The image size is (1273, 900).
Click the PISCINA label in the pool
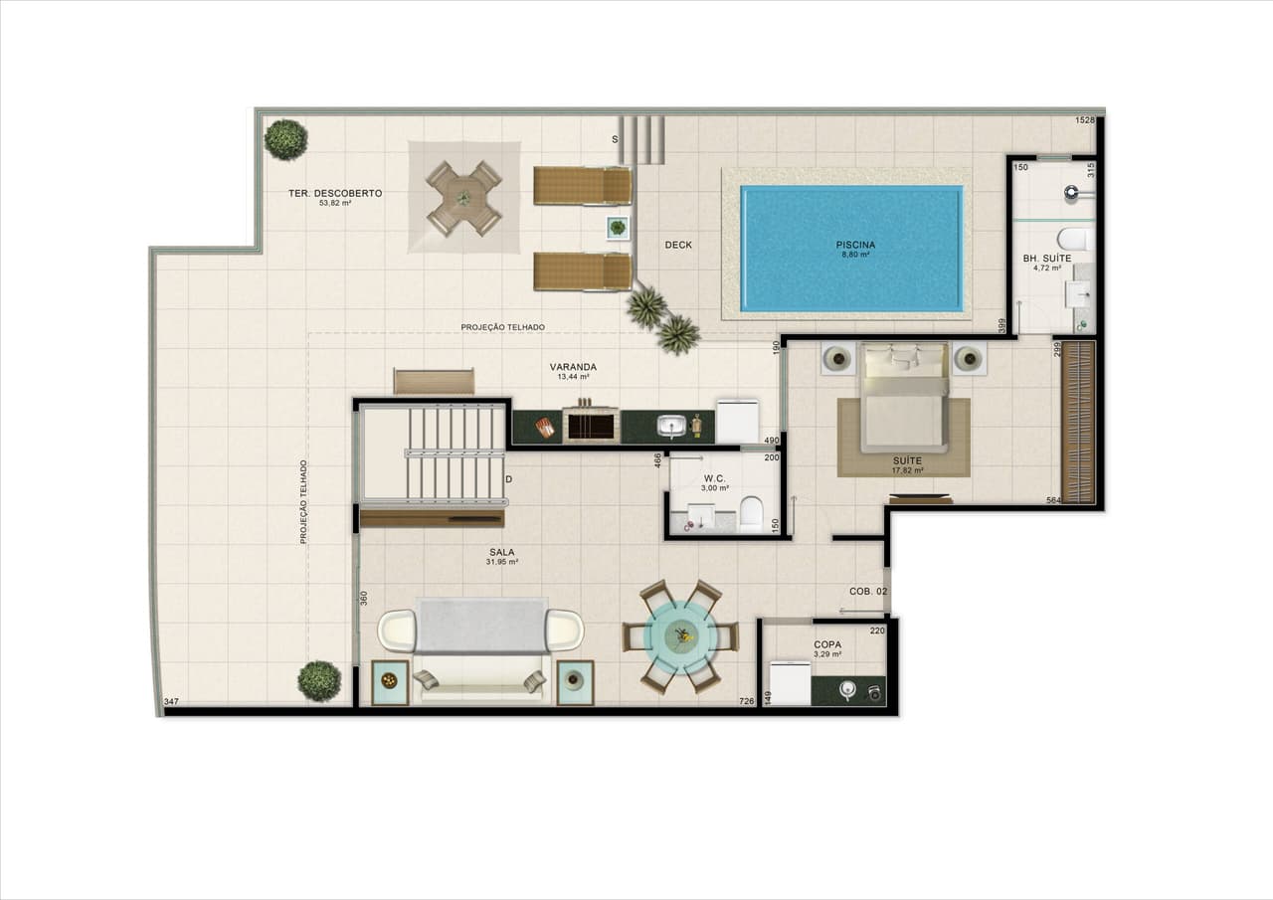[x=854, y=244]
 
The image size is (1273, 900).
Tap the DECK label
[x=678, y=245]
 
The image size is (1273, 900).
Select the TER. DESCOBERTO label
[x=335, y=194]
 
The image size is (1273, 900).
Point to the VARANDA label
[x=573, y=367]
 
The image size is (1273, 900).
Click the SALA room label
[x=501, y=551]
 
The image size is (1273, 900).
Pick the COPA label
[x=827, y=644]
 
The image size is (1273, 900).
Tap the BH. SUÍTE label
[x=1047, y=259]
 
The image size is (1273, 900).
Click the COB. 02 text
[x=868, y=591]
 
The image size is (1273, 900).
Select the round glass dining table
[x=681, y=635]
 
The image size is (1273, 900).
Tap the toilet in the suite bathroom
[x=1074, y=239]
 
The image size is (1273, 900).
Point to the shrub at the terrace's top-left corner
[x=285, y=139]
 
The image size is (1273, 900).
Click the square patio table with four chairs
[x=464, y=198]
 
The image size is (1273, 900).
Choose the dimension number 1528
[x=1085, y=120]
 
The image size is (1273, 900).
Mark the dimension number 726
[x=747, y=702]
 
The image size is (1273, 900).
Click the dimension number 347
[x=171, y=703]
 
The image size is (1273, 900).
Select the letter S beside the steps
[x=615, y=139]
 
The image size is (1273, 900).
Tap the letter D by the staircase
[x=508, y=479]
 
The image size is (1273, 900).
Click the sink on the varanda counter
[x=672, y=427]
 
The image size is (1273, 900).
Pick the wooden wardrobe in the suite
[x=1078, y=422]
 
